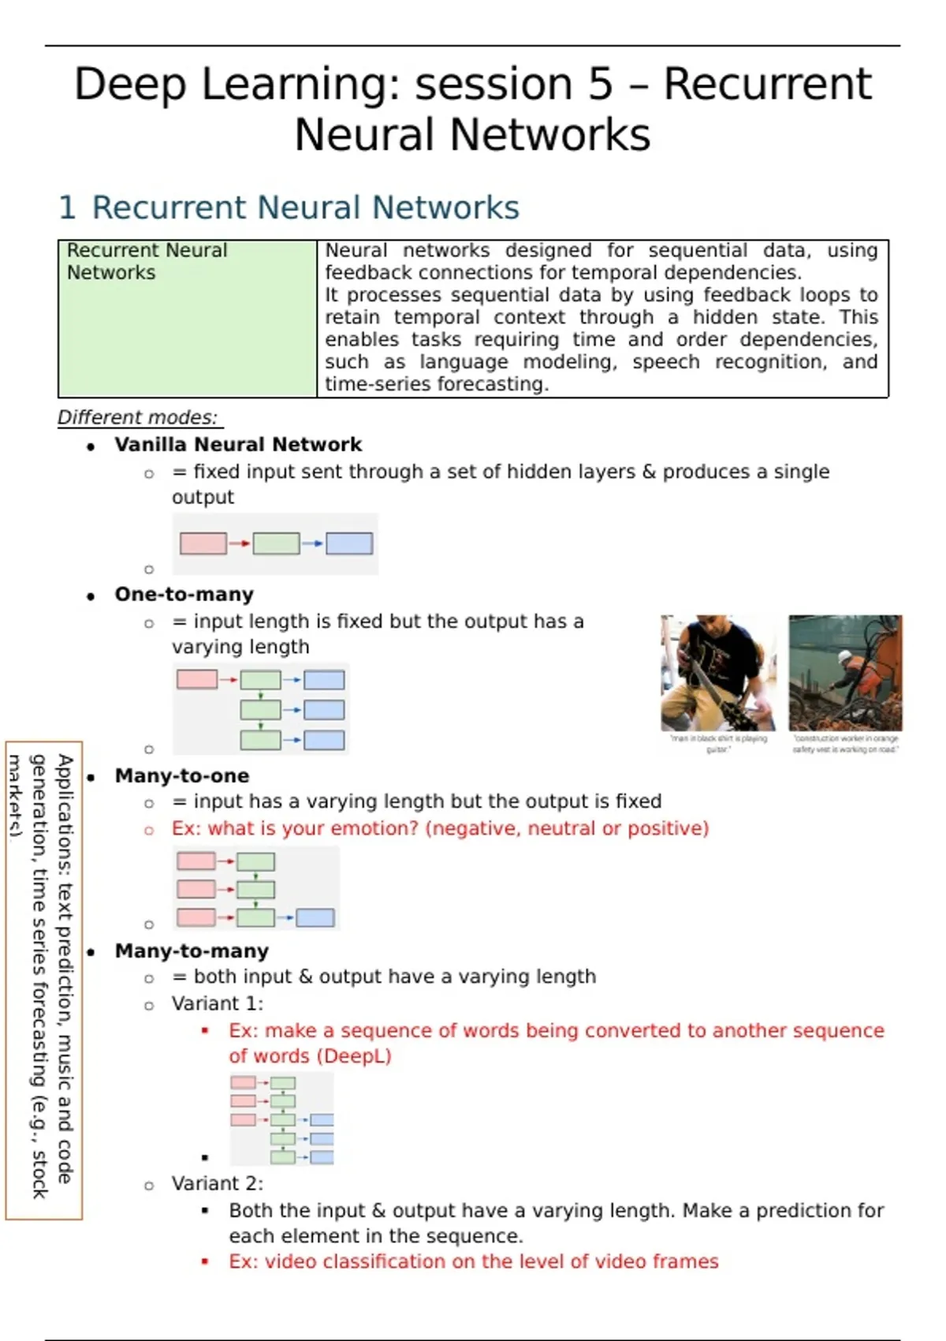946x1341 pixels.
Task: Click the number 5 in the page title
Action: click(599, 84)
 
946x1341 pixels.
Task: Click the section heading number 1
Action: click(67, 208)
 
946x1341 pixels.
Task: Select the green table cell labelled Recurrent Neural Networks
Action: click(188, 318)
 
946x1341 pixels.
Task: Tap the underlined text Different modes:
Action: click(137, 417)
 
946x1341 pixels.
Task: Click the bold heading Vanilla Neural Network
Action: click(238, 445)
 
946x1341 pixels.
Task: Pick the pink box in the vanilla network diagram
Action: click(203, 543)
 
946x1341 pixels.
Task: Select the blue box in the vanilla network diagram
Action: click(349, 543)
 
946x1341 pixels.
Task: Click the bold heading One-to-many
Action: click(184, 595)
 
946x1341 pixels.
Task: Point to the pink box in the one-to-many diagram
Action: click(197, 679)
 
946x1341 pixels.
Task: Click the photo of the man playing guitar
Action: click(718, 673)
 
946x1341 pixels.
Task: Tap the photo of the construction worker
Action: click(845, 673)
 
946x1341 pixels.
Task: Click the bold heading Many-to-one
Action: click(182, 776)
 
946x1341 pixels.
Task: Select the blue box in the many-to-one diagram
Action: click(315, 917)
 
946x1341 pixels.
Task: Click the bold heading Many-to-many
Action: click(192, 951)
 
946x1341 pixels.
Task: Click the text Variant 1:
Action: click(218, 1004)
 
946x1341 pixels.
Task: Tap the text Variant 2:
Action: click(218, 1184)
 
